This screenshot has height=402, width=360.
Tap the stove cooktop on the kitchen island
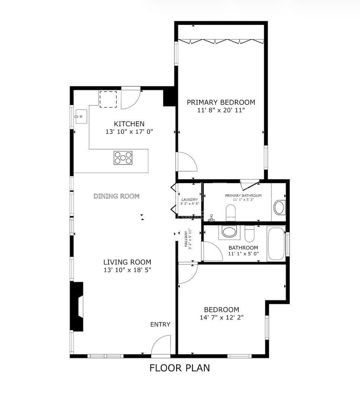pyautogui.click(x=123, y=158)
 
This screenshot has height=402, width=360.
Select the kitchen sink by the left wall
pyautogui.click(x=80, y=117)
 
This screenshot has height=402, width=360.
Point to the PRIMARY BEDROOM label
pyautogui.click(x=221, y=102)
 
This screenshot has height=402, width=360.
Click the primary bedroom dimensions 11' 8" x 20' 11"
pyautogui.click(x=221, y=110)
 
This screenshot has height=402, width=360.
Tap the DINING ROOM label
pyautogui.click(x=117, y=196)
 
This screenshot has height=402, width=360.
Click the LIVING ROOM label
pyautogui.click(x=127, y=262)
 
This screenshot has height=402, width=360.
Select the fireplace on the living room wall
pyautogui.click(x=77, y=306)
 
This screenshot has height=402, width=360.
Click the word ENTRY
pyautogui.click(x=160, y=325)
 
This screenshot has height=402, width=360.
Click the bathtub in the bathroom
pyautogui.click(x=276, y=243)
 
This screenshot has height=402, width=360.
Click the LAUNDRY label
pyautogui.click(x=189, y=200)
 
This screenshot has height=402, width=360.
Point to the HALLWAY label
pyautogui.click(x=187, y=239)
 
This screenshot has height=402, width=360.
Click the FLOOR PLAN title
pyautogui.click(x=179, y=368)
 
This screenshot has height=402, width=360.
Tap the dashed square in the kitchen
pyautogui.click(x=108, y=99)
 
